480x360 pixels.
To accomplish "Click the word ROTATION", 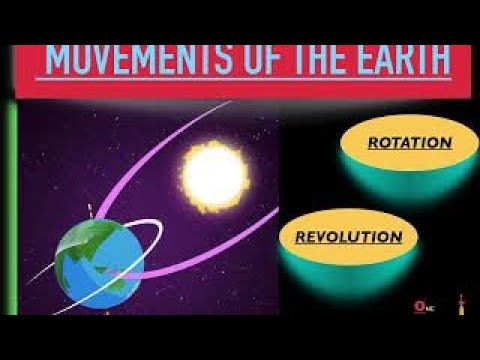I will click(x=409, y=142).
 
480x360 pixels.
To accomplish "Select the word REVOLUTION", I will click(x=349, y=237).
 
